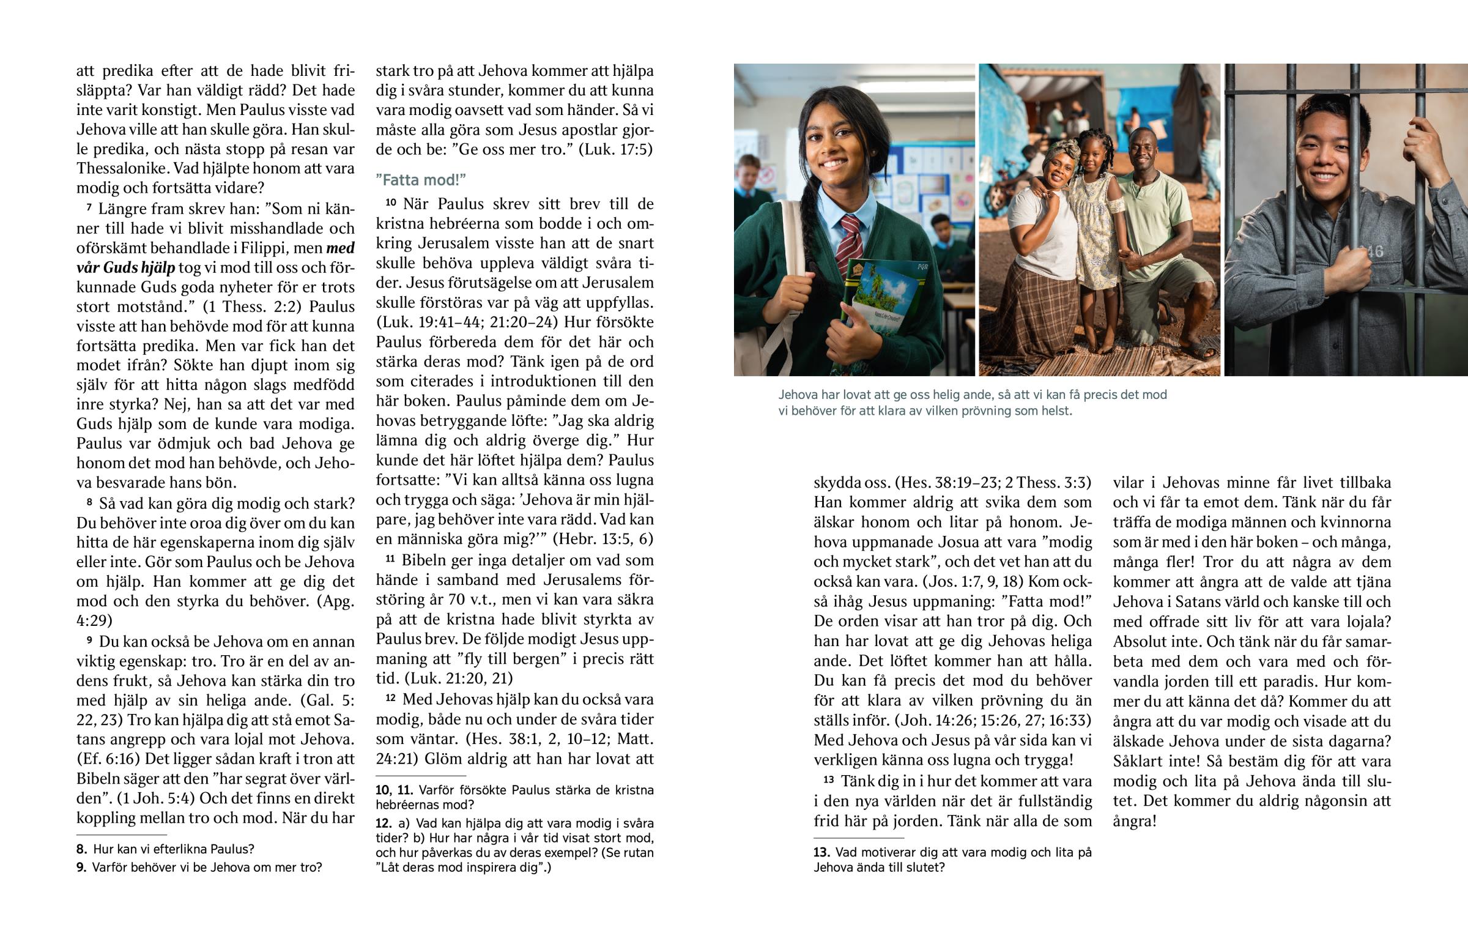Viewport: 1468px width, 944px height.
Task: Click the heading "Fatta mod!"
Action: [x=421, y=180]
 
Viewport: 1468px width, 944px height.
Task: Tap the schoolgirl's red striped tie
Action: [x=850, y=242]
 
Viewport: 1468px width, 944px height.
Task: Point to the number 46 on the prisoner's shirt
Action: [x=1370, y=251]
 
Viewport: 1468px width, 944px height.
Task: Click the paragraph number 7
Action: [x=89, y=209]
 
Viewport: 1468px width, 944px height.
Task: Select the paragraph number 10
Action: [x=391, y=203]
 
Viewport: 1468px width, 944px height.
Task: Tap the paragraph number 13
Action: [x=828, y=780]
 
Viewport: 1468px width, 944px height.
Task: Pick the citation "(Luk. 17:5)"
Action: [x=615, y=149]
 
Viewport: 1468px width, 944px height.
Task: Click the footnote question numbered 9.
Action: [x=200, y=868]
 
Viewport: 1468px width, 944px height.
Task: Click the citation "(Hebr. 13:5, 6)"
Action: [x=603, y=539]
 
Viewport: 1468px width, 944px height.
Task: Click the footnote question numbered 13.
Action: [x=952, y=860]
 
